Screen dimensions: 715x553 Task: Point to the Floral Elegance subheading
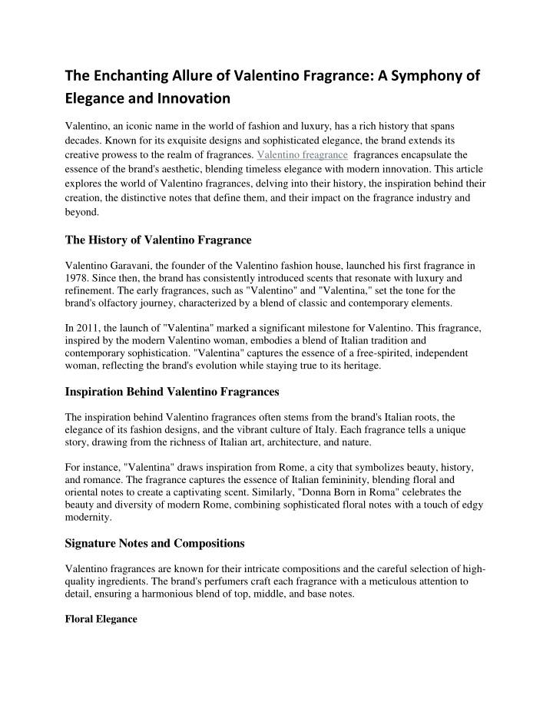(101, 618)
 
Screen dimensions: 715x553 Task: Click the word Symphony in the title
(423, 75)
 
